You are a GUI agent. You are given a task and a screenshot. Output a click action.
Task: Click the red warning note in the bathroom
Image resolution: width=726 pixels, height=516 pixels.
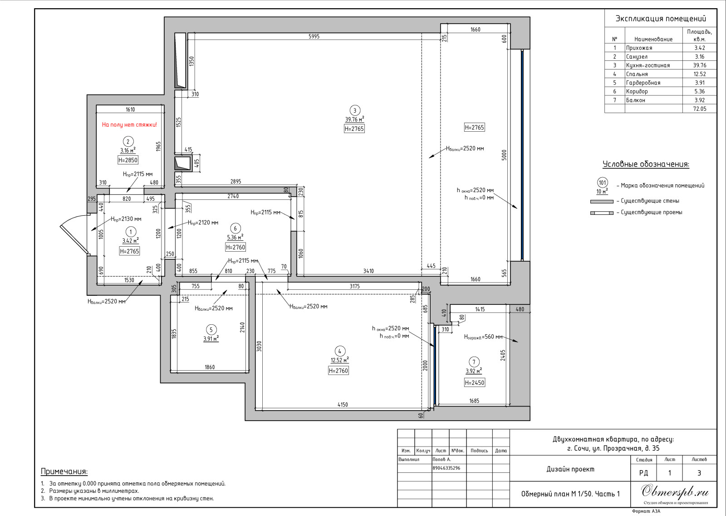tap(129, 124)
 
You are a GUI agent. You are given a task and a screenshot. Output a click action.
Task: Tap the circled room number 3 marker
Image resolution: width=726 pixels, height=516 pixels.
tap(354, 110)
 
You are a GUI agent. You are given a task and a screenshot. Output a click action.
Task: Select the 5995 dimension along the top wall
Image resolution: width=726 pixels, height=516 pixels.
tap(314, 36)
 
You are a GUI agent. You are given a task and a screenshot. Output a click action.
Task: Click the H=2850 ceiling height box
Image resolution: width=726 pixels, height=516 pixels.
tap(128, 160)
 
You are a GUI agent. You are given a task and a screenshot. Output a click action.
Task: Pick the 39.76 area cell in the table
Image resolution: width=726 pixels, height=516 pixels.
tap(699, 65)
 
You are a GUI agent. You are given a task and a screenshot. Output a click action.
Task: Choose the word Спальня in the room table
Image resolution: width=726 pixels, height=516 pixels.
tap(637, 74)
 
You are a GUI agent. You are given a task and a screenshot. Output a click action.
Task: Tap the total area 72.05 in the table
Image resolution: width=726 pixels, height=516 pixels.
tap(699, 109)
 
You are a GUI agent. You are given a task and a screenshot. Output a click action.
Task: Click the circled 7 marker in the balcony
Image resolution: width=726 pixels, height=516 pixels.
tap(474, 362)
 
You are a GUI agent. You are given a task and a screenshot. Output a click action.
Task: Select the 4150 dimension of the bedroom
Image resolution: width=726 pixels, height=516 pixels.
tap(343, 405)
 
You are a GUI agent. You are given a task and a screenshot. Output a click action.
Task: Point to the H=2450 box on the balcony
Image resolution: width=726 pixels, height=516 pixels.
tap(475, 382)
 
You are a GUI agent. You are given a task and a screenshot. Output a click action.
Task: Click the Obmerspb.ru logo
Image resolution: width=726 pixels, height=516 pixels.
tap(675, 492)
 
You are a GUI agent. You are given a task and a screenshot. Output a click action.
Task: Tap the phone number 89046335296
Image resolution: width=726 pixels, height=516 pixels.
tap(446, 468)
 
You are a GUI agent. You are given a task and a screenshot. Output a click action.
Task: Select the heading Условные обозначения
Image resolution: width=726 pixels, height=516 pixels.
tap(646, 164)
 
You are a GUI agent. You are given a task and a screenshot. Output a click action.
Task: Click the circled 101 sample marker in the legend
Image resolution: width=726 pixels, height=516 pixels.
tap(602, 183)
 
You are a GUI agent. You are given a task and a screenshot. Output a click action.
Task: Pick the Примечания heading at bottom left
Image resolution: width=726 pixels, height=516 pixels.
tap(64, 471)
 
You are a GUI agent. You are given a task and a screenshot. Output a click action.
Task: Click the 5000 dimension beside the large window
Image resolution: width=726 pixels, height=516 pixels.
tap(504, 155)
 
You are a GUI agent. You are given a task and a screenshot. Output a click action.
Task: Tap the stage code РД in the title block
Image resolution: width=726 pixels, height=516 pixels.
tap(644, 473)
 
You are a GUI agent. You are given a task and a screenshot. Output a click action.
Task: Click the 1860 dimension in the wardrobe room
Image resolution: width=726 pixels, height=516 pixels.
tap(210, 367)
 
